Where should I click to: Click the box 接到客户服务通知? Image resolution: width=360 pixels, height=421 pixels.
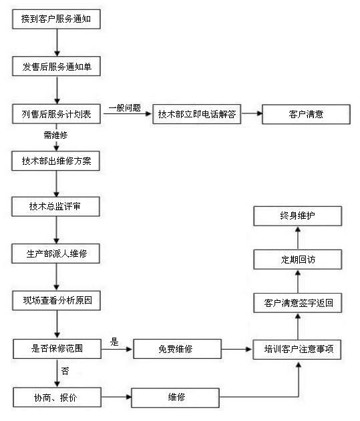[57, 19]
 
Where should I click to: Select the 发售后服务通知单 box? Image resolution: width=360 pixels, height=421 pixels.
[57, 66]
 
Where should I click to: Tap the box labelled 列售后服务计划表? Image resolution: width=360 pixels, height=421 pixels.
[57, 114]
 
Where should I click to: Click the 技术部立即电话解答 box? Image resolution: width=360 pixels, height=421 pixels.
[197, 114]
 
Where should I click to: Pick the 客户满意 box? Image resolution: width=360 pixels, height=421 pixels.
[306, 114]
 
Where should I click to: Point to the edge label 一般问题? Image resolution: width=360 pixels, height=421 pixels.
[125, 108]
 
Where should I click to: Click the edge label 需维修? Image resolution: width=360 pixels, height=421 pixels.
[55, 135]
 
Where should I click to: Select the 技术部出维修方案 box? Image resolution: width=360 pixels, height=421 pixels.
[55, 161]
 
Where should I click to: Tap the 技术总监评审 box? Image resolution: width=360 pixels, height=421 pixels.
[55, 206]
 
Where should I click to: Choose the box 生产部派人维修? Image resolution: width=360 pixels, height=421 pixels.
[55, 254]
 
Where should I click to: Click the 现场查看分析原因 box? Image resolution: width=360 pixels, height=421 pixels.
[57, 300]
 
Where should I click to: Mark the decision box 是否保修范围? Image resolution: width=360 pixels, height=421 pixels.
[57, 349]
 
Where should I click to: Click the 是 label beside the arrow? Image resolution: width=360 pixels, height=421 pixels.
[114, 342]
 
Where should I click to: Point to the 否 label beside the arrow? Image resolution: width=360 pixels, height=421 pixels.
[65, 372]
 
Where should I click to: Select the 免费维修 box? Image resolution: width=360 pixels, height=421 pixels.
[178, 349]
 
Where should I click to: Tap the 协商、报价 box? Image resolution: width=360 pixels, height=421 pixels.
[57, 398]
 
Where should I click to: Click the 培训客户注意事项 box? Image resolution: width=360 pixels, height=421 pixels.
[297, 350]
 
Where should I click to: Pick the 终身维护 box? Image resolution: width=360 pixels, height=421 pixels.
[298, 216]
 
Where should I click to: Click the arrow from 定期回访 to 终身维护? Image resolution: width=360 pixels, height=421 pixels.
[298, 238]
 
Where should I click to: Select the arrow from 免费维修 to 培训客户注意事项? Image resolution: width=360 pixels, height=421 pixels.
[237, 350]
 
